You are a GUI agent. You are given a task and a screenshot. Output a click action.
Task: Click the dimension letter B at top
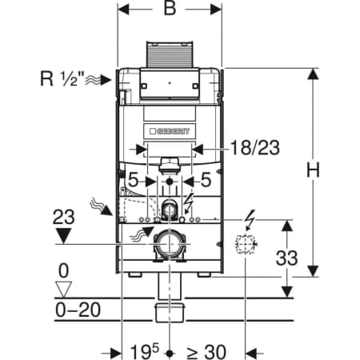(170, 8)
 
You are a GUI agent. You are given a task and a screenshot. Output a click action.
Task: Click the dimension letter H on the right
(313, 170)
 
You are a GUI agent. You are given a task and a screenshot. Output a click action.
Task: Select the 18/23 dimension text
(255, 148)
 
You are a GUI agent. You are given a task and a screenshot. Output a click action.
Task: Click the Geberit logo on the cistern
(170, 131)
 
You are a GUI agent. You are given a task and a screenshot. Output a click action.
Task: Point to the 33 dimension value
(286, 258)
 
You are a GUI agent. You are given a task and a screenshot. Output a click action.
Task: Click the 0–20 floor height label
(78, 310)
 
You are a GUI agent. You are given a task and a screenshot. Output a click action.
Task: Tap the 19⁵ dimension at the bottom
(144, 351)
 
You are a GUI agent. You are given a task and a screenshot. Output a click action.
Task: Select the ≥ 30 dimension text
(206, 352)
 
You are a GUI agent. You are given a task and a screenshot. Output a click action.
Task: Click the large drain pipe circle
(169, 244)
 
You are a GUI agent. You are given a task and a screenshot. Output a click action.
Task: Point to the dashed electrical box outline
(246, 244)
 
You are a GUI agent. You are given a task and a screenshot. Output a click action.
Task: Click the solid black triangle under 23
(63, 236)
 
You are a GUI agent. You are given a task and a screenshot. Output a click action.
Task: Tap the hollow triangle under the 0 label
(63, 290)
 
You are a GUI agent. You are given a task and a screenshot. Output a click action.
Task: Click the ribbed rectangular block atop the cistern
(170, 54)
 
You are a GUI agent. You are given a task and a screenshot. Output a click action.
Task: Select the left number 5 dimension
(134, 180)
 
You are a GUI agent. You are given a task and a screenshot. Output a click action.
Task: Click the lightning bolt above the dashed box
(250, 220)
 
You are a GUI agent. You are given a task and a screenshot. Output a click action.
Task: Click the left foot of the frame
(135, 274)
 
